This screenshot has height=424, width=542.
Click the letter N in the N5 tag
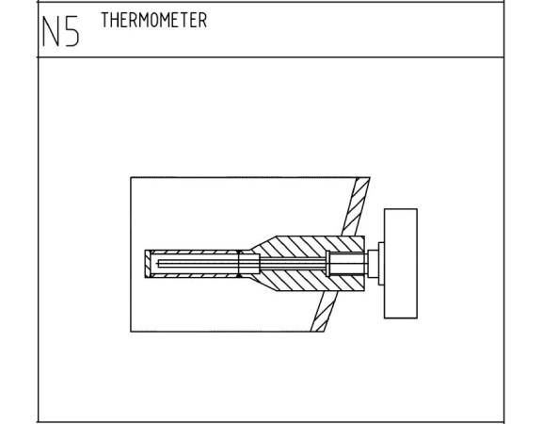[x=51, y=31]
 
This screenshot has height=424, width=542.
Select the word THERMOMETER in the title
[x=154, y=20]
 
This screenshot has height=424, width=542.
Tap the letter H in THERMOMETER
[x=115, y=20]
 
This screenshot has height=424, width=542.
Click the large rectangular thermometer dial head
[x=401, y=264]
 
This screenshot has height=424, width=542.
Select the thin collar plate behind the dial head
[x=381, y=264]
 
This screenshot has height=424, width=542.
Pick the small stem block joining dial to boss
[x=373, y=264]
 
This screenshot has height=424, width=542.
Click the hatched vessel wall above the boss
[x=356, y=206]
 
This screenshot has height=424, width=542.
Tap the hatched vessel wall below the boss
[x=324, y=311]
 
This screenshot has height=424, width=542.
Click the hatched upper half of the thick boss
[x=308, y=247]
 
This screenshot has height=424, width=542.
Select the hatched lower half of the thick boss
[x=308, y=281]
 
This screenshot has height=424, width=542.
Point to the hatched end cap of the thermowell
[x=148, y=264]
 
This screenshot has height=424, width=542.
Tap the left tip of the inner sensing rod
[x=158, y=264]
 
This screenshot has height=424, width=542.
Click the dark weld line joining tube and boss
[x=239, y=264]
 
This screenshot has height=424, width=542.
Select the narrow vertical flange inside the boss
[x=328, y=264]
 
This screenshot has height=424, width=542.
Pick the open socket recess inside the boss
[x=347, y=264]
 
